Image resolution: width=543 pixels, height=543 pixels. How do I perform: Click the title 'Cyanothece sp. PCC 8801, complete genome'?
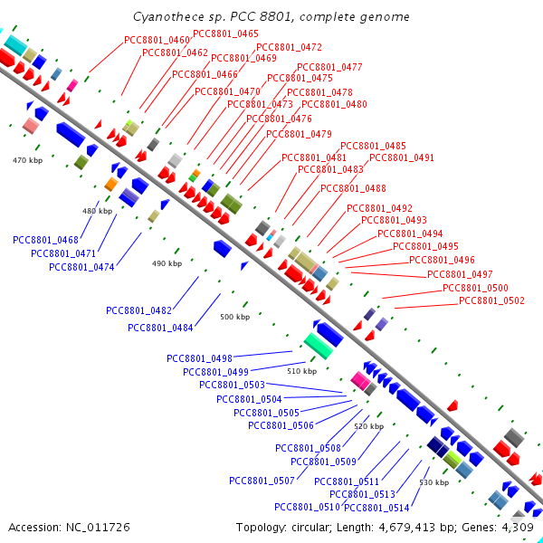point(271,17)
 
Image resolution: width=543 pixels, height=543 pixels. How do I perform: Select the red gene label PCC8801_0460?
point(157,40)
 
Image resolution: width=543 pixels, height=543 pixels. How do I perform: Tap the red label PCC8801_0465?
point(225,34)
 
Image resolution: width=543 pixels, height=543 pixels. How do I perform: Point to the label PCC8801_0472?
point(289,47)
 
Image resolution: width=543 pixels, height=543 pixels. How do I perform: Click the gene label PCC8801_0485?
point(373,146)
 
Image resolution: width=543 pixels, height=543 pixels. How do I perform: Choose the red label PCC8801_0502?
point(491,300)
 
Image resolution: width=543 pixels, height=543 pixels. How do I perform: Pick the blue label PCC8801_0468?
point(46,240)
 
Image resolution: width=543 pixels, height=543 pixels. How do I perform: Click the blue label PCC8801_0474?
point(81,267)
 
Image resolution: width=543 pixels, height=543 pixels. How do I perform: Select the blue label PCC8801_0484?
point(160,328)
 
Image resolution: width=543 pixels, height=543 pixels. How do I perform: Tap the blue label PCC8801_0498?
point(199,358)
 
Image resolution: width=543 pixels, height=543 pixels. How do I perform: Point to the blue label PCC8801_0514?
point(376,508)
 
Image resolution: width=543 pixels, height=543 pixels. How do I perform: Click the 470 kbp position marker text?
point(28,160)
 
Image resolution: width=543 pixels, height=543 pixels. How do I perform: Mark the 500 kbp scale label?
point(235,317)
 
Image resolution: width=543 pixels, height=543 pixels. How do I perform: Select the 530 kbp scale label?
point(434,482)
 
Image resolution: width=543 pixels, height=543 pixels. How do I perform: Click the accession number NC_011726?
point(98,528)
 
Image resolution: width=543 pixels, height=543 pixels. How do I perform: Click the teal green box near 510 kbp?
point(319,346)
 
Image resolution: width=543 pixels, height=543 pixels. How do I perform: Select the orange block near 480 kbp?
point(111,184)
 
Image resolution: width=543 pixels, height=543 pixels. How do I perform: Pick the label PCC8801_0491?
point(402,157)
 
